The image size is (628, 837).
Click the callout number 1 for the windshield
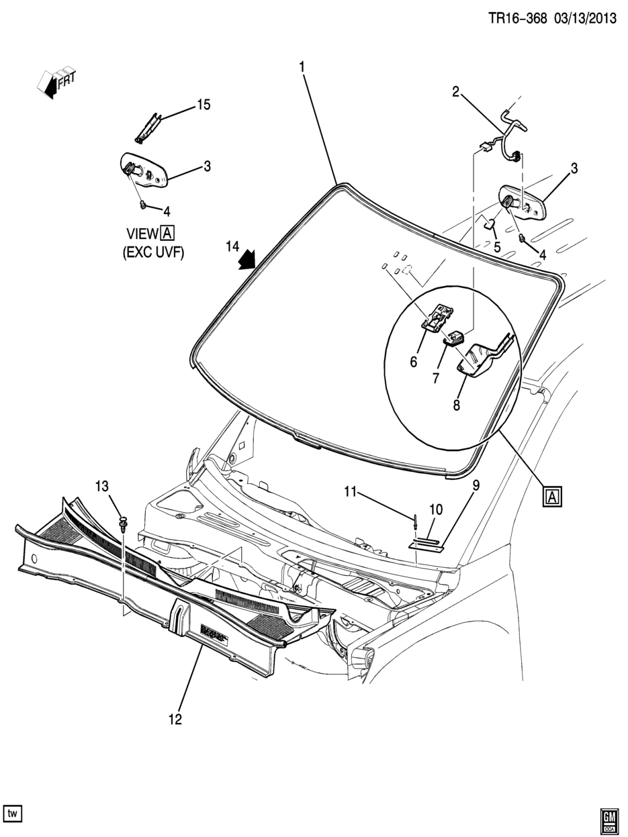[302, 68]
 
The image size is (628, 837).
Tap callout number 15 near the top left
[204, 105]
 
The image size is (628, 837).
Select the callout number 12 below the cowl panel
[175, 719]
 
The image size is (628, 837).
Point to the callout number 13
[102, 486]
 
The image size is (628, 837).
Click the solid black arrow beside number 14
[246, 260]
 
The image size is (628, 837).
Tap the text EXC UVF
[153, 252]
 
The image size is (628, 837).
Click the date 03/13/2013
[584, 18]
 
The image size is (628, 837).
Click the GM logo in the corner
[609, 818]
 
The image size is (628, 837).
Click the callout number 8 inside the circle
[456, 405]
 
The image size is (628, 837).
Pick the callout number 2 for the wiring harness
[455, 91]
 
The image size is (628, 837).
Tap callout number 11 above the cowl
[350, 492]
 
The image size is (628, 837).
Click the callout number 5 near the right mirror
[497, 247]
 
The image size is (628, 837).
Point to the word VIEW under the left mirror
[142, 234]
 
